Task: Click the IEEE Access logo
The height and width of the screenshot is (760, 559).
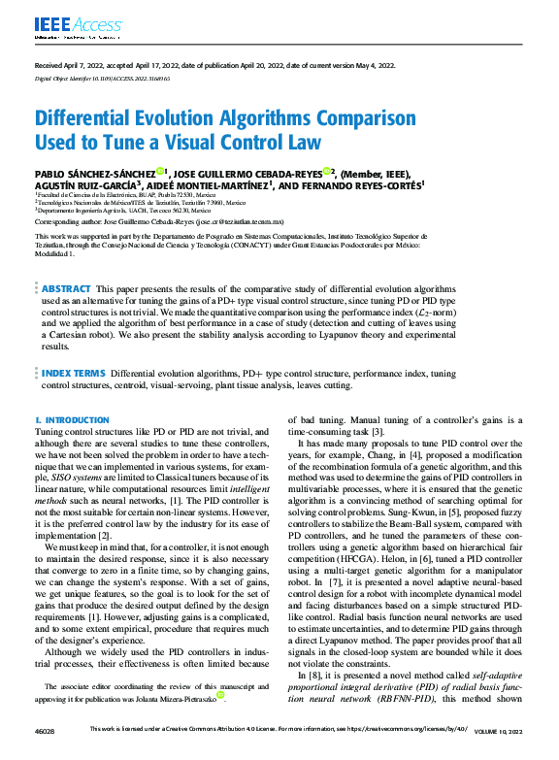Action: point(64,24)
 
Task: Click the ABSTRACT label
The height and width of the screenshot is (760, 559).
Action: point(66,289)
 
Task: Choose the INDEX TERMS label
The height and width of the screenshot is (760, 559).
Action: point(74,373)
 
